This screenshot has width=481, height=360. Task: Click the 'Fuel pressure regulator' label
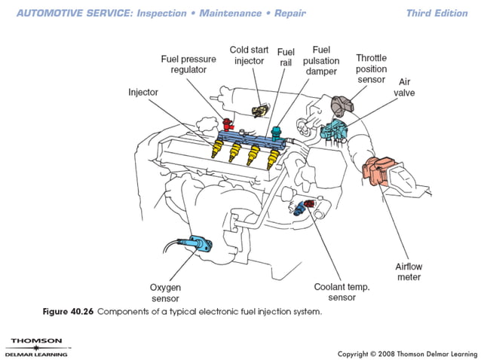click(188, 64)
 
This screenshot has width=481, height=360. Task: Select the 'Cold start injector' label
click(249, 55)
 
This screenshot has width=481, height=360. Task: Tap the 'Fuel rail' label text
click(286, 57)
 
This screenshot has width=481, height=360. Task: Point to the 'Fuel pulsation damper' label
click(320, 60)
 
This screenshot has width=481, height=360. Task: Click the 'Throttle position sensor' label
click(372, 69)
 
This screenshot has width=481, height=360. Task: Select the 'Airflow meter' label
click(408, 272)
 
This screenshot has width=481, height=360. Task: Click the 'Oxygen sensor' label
click(167, 292)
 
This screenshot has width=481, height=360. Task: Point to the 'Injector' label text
click(142, 92)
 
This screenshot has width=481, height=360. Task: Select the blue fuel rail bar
click(249, 135)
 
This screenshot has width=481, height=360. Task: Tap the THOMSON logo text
click(31, 340)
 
